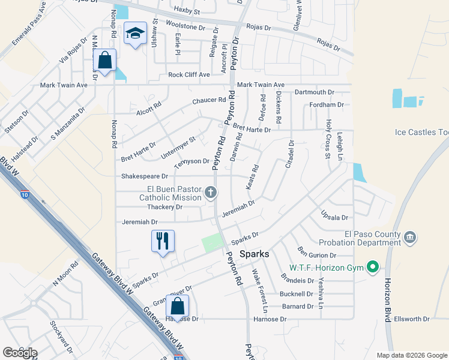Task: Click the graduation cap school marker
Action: pyautogui.click(x=135, y=34)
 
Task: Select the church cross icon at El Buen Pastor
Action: pyautogui.click(x=210, y=193)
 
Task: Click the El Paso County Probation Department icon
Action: pyautogui.click(x=411, y=238)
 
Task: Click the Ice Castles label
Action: pyautogui.click(x=421, y=132)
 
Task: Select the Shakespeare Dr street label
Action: pyautogui.click(x=145, y=176)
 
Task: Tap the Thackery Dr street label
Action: pyautogui.click(x=164, y=207)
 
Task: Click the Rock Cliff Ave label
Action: pyautogui.click(x=189, y=75)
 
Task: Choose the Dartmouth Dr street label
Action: pyautogui.click(x=314, y=92)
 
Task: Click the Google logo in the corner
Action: pyautogui.click(x=20, y=352)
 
